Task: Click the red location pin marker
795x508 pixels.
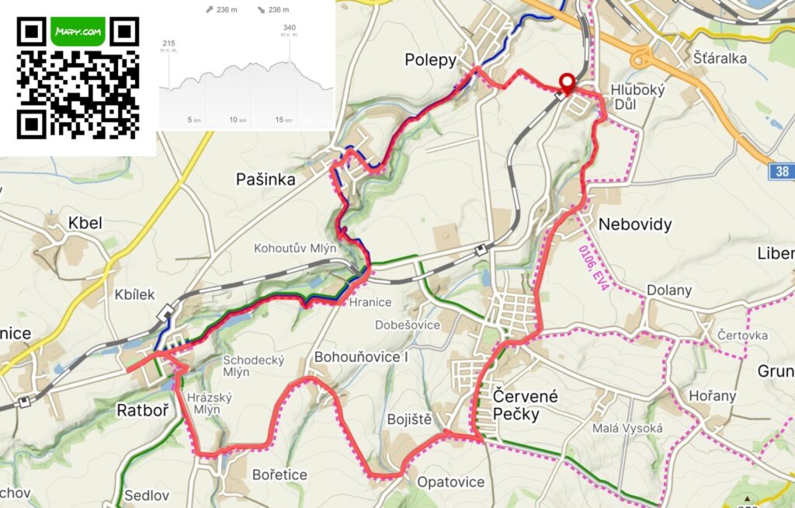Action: click(568, 83)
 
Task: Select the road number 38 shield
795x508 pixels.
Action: click(782, 171)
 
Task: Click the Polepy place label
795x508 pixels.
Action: click(429, 60)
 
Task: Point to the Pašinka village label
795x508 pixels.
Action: click(266, 179)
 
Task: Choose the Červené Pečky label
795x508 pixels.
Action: click(526, 405)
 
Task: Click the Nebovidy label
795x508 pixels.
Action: click(634, 224)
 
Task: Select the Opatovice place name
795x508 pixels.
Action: click(450, 482)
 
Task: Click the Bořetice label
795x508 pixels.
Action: click(279, 475)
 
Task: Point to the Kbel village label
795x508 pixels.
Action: click(85, 224)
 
